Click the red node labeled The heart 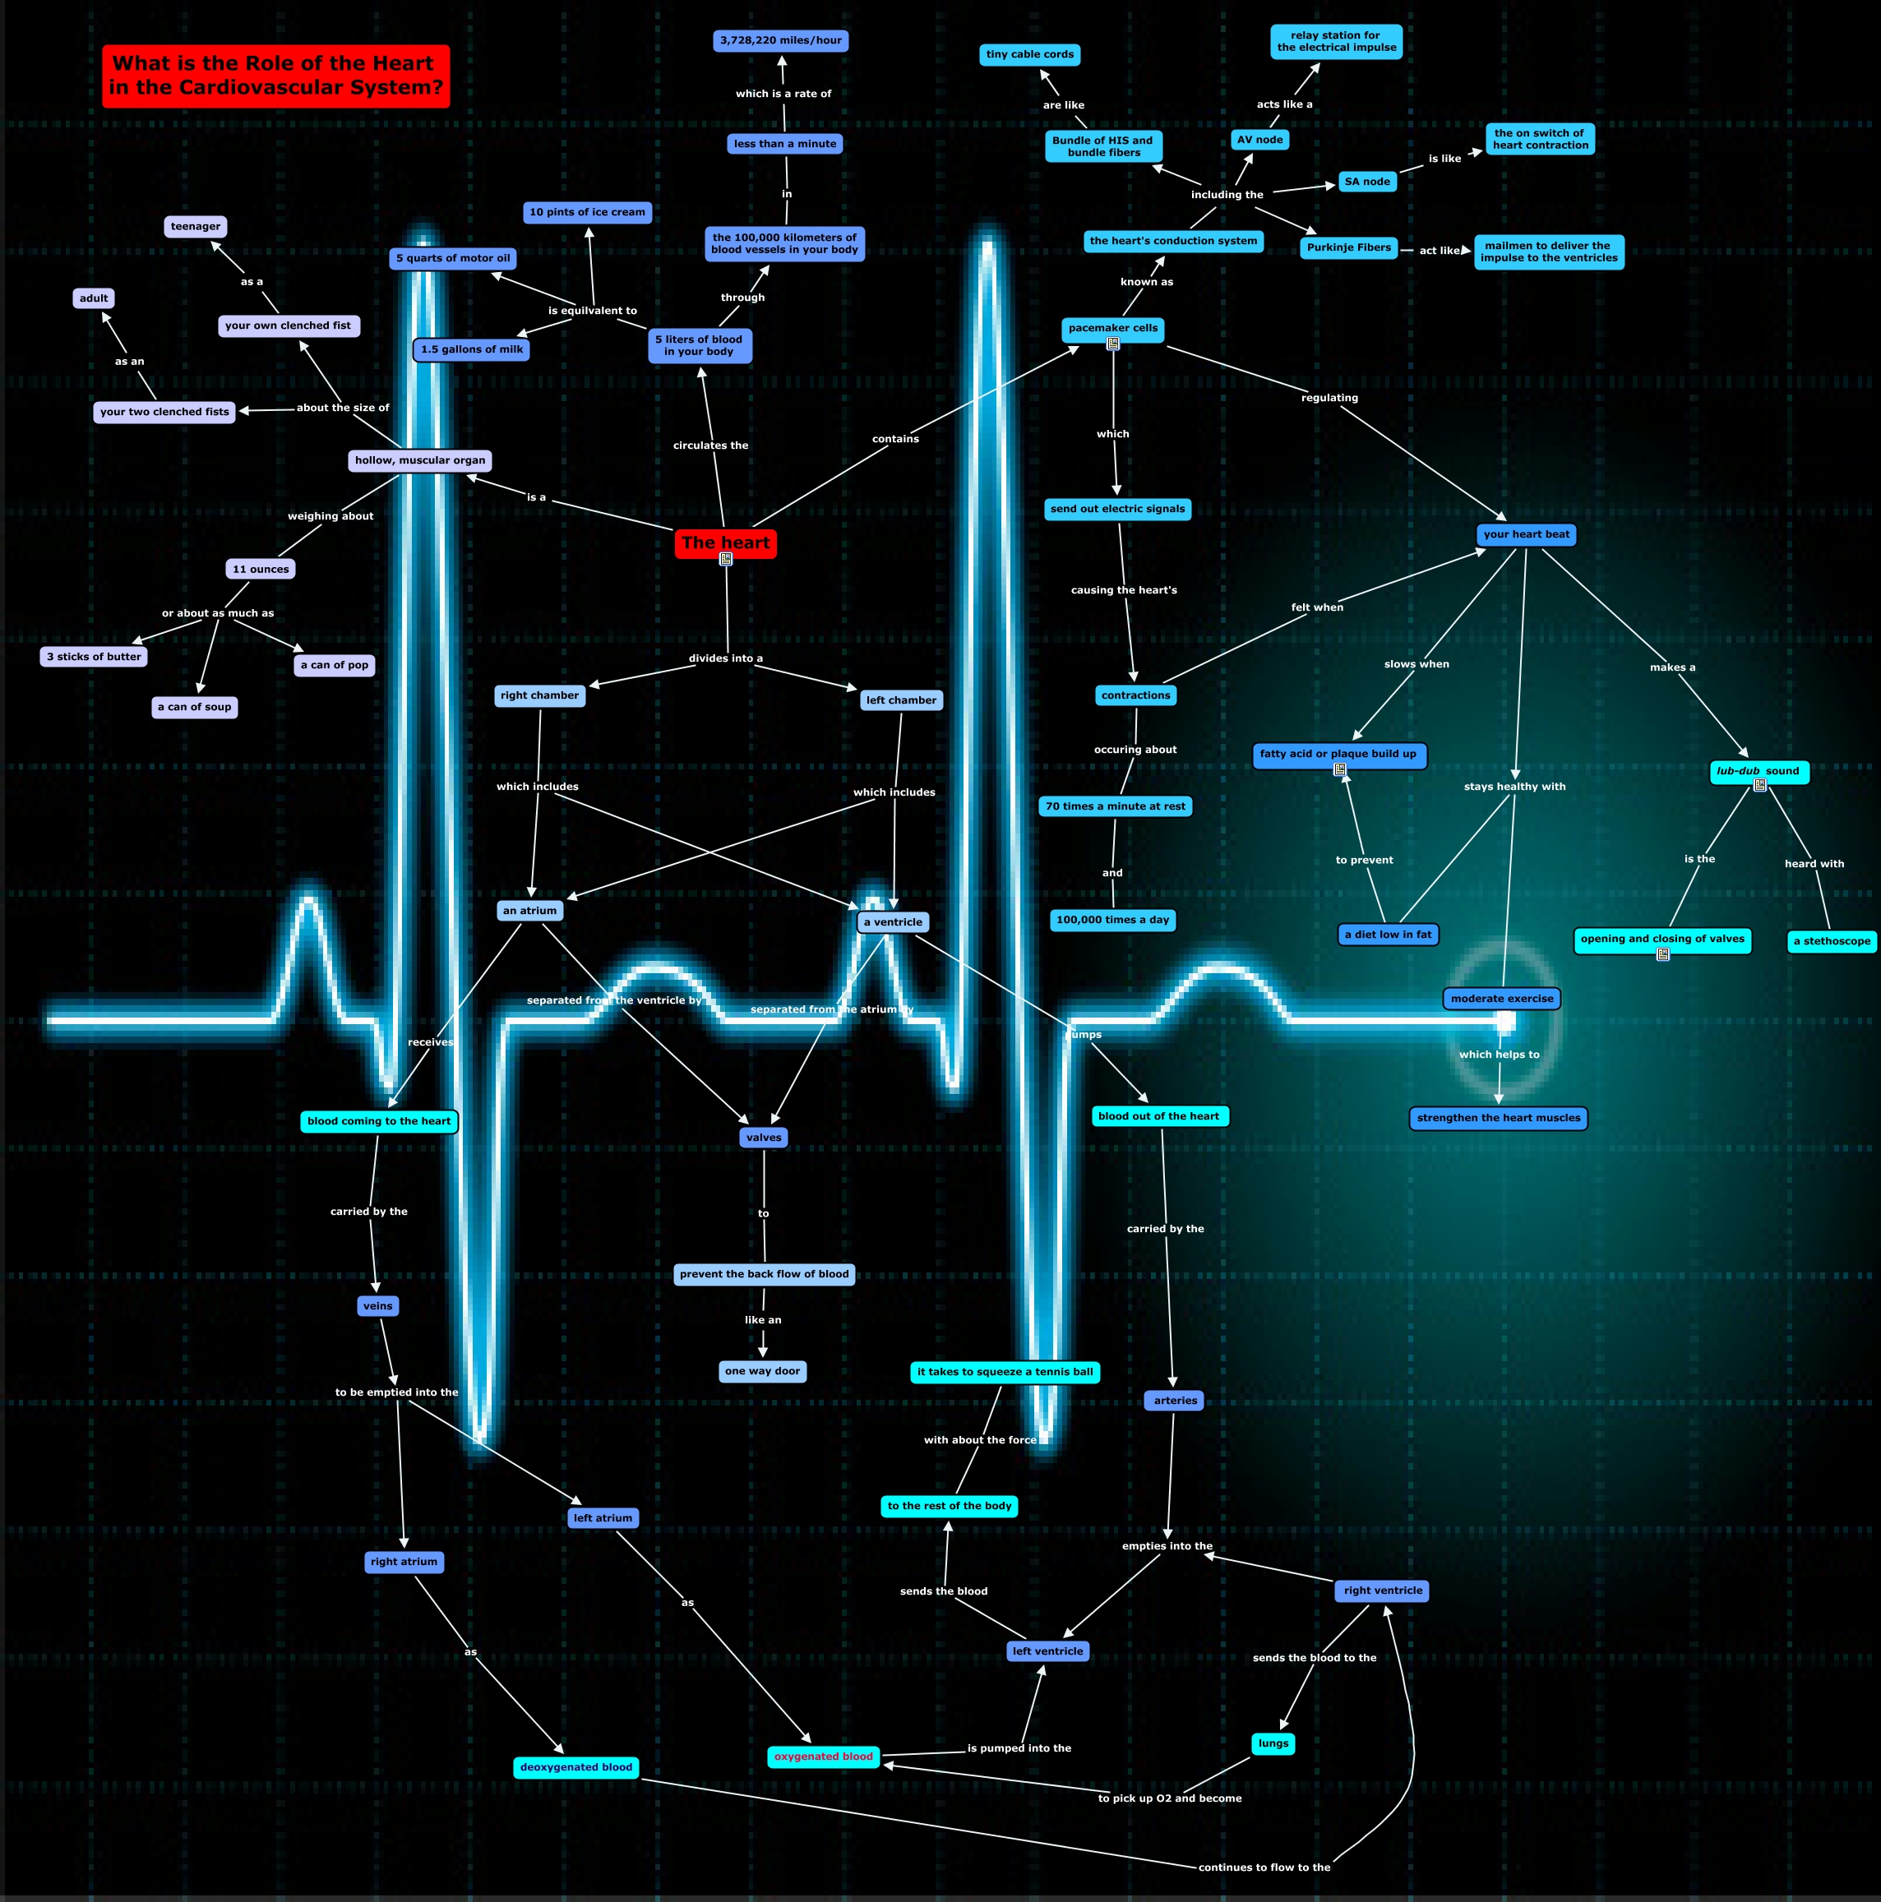coord(725,542)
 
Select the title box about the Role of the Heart coord(275,76)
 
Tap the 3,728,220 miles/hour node coord(780,40)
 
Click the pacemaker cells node coord(1113,328)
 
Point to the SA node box coord(1367,181)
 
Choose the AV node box coord(1259,140)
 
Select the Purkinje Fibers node coord(1348,247)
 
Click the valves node coord(763,1137)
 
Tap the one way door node coord(762,1370)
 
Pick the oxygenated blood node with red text coord(823,1757)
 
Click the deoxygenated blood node coord(576,1767)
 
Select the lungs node coord(1273,1743)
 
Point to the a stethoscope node coord(1831,941)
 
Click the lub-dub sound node coord(1758,771)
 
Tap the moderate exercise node coord(1501,998)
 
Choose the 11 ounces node coord(261,569)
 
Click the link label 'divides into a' coord(726,658)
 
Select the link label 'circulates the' coord(710,445)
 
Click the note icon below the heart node coord(726,559)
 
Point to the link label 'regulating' coord(1329,398)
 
